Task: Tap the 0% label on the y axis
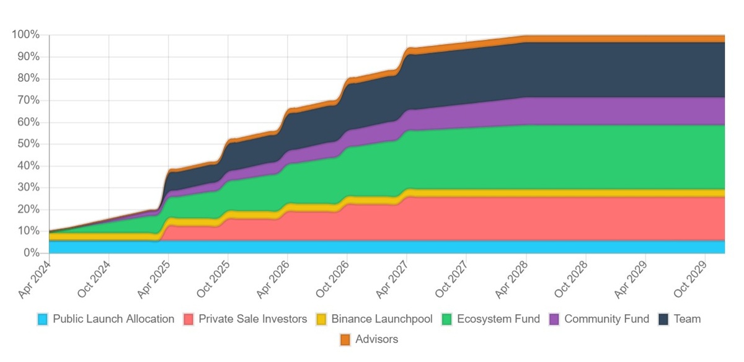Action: [x=32, y=253]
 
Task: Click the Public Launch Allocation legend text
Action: [x=113, y=319]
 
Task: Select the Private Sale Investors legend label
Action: [x=253, y=319]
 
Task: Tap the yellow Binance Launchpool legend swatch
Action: [x=322, y=320]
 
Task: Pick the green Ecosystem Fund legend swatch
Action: [x=447, y=320]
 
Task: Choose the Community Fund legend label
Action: [x=606, y=319]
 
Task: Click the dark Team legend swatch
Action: [x=663, y=320]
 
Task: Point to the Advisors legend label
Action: [x=377, y=339]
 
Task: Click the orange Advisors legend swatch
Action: [x=345, y=340]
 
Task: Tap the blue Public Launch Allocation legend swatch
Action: [x=43, y=320]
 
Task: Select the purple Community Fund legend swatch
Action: [x=554, y=320]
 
